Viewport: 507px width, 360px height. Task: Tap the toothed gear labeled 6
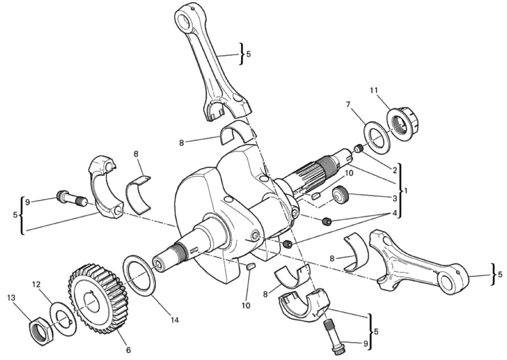click(x=98, y=299)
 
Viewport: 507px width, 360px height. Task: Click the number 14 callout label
click(x=175, y=320)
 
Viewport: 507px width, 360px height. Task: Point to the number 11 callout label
click(x=374, y=90)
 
